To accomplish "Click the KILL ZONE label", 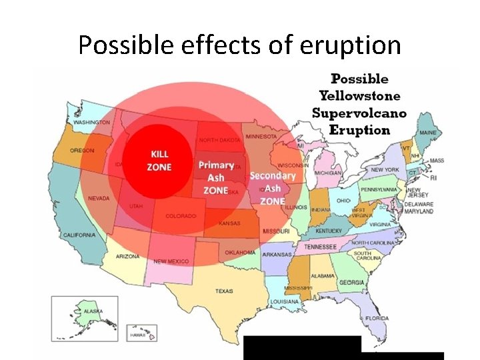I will (x=160, y=160).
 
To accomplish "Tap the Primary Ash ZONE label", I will (x=216, y=177).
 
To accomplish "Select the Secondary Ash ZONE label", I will (x=273, y=188).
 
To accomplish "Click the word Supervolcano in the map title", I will (x=359, y=113).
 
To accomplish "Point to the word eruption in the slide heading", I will (x=352, y=45).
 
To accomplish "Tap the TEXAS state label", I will (x=224, y=291).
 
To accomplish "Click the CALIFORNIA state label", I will (x=79, y=235).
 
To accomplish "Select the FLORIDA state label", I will (x=377, y=318).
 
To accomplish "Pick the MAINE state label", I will (x=428, y=133).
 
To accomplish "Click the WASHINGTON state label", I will (x=92, y=123).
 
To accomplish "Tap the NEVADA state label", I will (x=99, y=198).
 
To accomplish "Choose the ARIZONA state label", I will (x=127, y=256).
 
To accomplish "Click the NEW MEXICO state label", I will (x=170, y=261).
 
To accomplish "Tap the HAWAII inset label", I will (x=137, y=335).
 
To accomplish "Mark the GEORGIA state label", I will (x=351, y=282).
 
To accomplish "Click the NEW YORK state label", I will (x=385, y=170).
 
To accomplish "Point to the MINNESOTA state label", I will (x=261, y=136).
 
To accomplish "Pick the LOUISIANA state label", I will (x=285, y=301).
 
